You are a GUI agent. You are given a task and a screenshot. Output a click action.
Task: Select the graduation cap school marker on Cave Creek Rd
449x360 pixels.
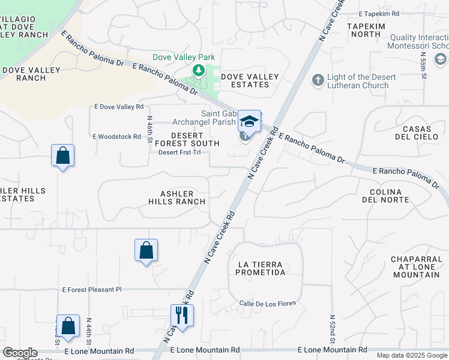pos(249,122)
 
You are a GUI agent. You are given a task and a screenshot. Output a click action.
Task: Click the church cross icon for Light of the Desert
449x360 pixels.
pos(318,79)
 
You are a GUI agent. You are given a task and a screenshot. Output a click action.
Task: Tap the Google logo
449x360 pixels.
pos(20,353)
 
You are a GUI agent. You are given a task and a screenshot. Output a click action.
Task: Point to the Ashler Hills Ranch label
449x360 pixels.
pos(176,197)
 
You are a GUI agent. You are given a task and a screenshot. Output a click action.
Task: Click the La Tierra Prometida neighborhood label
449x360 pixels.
pos(261,268)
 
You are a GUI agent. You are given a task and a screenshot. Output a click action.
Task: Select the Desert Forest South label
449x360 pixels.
pos(187,139)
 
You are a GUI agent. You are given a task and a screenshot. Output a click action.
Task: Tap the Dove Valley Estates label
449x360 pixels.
pos(250,80)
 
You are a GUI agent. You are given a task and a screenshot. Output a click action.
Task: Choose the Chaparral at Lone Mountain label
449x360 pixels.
pos(416,266)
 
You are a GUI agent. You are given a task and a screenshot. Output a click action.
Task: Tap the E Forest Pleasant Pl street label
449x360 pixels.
pos(91,289)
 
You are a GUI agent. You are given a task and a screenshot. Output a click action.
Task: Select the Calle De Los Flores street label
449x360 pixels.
pos(267,303)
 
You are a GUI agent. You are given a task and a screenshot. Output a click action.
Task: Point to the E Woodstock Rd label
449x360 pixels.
pos(116,137)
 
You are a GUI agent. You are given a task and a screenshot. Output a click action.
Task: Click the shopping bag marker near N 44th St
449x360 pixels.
pos(68,326)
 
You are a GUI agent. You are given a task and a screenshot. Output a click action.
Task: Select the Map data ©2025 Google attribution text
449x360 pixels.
pos(412,355)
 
